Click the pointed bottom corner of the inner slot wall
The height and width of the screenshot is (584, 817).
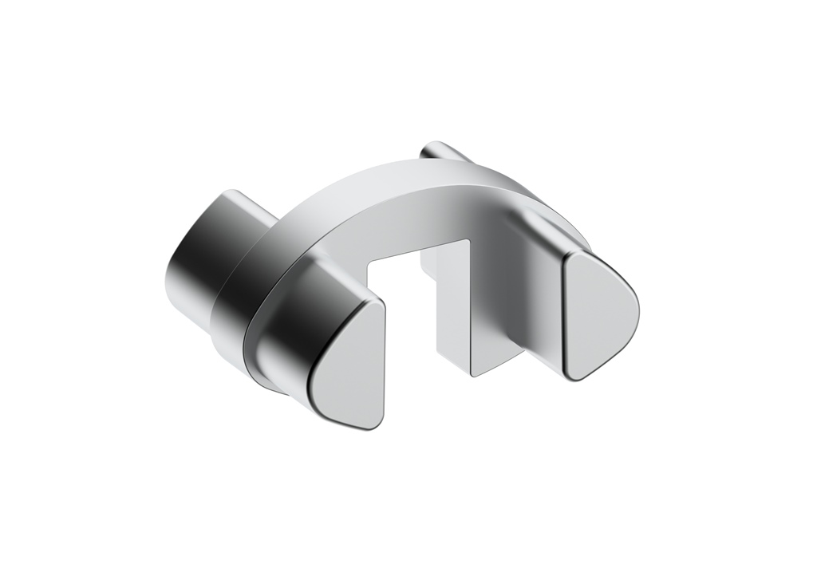472,373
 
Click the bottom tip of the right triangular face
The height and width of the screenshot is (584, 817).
574,375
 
